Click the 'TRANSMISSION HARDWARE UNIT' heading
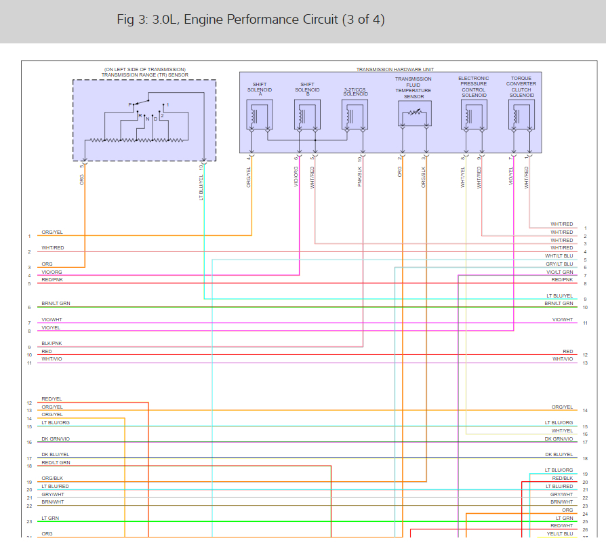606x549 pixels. (x=395, y=70)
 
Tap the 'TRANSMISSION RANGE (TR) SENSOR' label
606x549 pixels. (x=144, y=75)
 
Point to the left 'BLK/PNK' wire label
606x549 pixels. (x=52, y=344)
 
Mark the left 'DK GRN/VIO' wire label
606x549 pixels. (x=56, y=439)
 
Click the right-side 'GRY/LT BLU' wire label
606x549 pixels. (x=559, y=264)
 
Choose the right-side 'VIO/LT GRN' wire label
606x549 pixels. (x=560, y=272)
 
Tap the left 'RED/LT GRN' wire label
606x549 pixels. (x=56, y=462)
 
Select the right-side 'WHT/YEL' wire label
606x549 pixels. (x=562, y=430)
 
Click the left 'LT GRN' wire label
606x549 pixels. (x=50, y=518)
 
